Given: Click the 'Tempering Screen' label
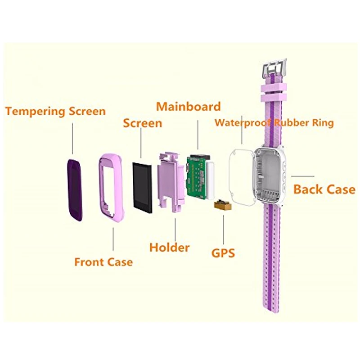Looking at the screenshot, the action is (55, 111).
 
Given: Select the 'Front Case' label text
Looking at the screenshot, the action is (103, 261).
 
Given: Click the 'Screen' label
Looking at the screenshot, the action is (142, 122).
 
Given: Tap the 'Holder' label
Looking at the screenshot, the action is (170, 247).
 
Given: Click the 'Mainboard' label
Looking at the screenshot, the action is (189, 107).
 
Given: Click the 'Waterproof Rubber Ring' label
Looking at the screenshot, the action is (274, 122).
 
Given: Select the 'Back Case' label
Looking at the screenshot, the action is (324, 189).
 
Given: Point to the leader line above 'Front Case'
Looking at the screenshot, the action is (113, 238).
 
